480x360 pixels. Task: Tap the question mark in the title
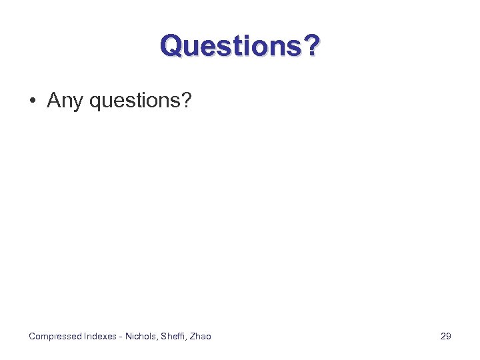tap(309, 46)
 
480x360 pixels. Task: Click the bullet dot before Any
tap(32, 101)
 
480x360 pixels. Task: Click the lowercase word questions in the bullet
tap(134, 101)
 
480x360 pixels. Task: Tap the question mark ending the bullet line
tap(186, 101)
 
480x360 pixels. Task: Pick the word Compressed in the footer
tap(55, 336)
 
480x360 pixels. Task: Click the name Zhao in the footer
tap(201, 336)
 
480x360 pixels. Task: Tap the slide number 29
tap(446, 336)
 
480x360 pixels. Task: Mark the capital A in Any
tap(53, 101)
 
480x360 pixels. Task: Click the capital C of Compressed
tap(32, 336)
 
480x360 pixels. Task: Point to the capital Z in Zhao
tap(193, 336)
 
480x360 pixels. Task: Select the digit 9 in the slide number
tap(449, 336)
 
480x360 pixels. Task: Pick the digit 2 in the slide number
tap(443, 336)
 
